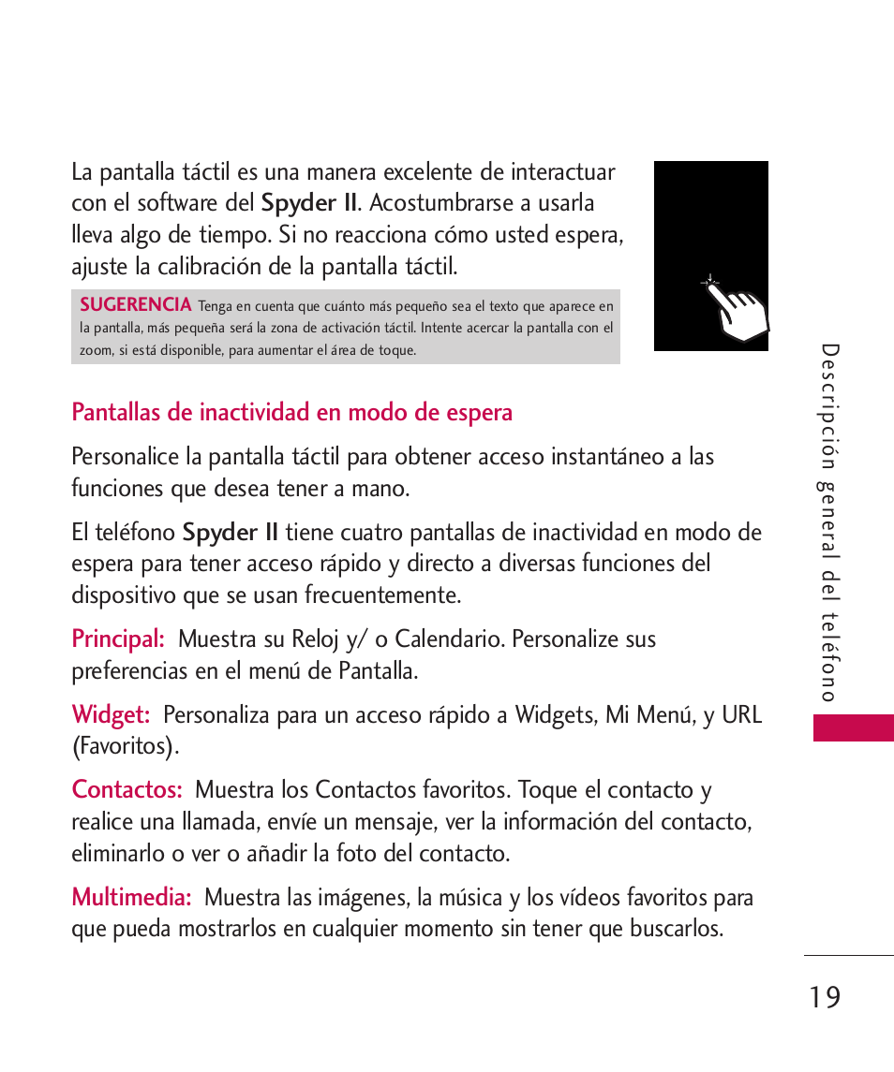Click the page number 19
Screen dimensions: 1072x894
tap(826, 998)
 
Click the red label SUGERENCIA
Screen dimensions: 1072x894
tap(135, 304)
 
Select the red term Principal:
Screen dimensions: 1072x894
tap(118, 639)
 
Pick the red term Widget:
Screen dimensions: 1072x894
tap(111, 715)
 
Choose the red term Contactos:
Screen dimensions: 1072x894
tap(127, 790)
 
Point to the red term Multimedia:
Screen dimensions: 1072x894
tap(131, 898)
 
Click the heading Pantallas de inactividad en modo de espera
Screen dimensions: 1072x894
tap(291, 413)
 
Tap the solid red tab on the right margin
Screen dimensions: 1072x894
tap(853, 727)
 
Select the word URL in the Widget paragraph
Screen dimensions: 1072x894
tap(741, 715)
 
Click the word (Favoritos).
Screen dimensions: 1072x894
tap(125, 747)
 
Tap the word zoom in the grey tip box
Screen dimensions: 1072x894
tap(95, 351)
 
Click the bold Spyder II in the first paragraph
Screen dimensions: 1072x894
tap(309, 203)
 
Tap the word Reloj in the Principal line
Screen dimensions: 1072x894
tap(316, 639)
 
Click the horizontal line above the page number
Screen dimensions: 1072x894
tap(848, 956)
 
